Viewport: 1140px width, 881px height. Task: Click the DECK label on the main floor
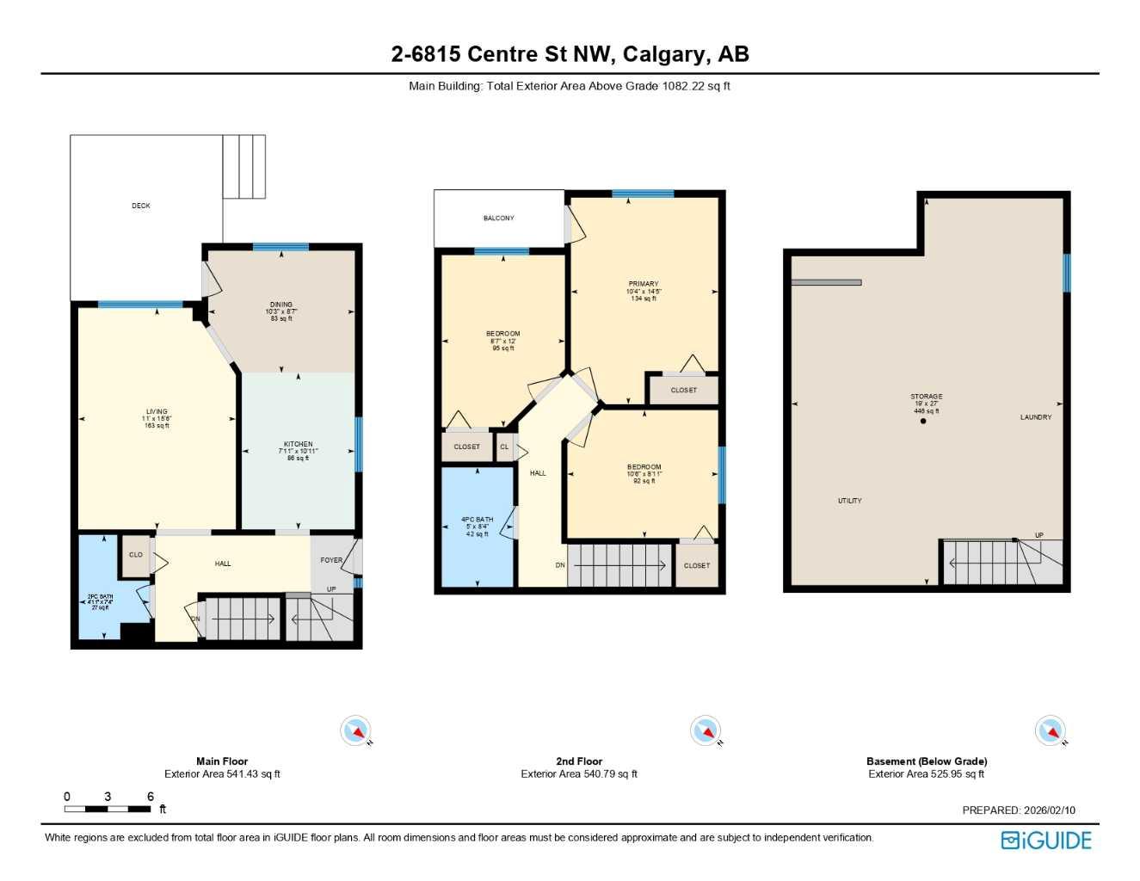tap(141, 206)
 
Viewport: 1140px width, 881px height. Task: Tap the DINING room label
tap(281, 305)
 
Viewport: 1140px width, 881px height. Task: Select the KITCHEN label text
tap(299, 445)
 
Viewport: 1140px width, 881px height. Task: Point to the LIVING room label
tap(157, 412)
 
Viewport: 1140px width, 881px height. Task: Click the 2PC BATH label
tap(100, 596)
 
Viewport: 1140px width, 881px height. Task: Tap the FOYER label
tap(331, 560)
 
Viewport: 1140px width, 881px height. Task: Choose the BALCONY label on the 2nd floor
tap(499, 219)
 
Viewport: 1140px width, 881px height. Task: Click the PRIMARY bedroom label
tap(644, 284)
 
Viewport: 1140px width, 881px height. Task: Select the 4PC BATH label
tap(478, 520)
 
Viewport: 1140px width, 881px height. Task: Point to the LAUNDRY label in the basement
tap(1036, 417)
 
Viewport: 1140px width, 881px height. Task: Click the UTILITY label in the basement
tap(850, 501)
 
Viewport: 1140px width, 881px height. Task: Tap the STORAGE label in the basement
tap(927, 397)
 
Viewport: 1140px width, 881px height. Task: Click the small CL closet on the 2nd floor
tap(505, 447)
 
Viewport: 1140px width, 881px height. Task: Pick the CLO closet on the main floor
tap(136, 555)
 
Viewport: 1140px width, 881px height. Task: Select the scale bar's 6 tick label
tap(151, 797)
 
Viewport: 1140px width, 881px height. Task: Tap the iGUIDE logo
tap(1046, 841)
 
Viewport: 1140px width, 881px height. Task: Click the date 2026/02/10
tap(1050, 810)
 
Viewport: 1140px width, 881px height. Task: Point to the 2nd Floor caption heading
tap(579, 761)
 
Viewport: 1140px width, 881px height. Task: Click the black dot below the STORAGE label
tap(923, 422)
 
